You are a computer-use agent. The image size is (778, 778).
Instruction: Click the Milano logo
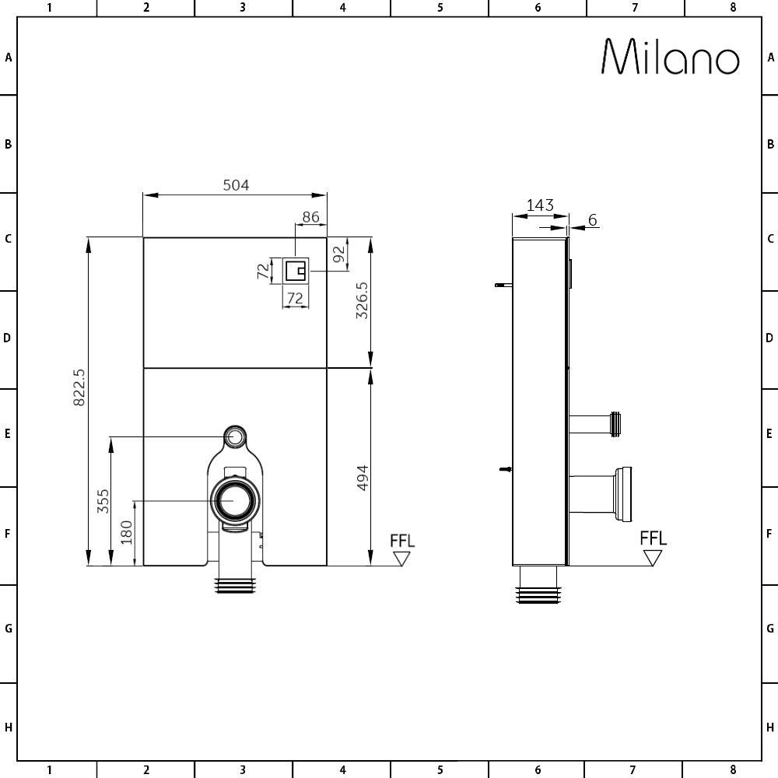tap(671, 57)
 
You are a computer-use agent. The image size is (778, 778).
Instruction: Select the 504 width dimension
tap(236, 185)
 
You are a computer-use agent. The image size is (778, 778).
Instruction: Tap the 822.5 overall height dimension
tap(79, 387)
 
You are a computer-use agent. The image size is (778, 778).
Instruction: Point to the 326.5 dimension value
tap(363, 300)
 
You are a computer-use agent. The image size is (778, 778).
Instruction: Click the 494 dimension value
tap(363, 478)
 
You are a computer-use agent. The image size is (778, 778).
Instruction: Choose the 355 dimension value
tap(103, 501)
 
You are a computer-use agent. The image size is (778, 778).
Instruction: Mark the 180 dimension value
tap(127, 532)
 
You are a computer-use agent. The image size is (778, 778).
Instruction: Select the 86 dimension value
tap(310, 217)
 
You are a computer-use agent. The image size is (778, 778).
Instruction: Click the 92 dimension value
tap(338, 254)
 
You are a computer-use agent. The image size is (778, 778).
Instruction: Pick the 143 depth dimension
tap(540, 205)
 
